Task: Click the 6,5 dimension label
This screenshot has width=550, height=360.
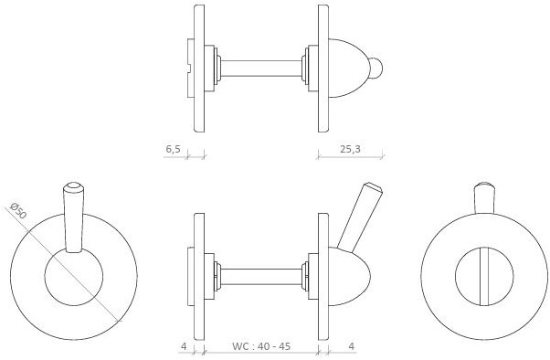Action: point(173,149)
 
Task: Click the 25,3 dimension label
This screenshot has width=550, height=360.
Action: point(350,149)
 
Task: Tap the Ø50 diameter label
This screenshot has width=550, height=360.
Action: point(18,210)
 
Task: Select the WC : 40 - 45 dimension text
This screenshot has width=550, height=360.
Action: point(261,346)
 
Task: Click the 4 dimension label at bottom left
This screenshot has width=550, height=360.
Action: point(184,346)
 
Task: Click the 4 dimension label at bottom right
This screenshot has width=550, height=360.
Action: point(352,346)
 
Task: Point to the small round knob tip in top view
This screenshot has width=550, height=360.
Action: point(376,68)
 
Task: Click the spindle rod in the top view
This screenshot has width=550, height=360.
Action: point(261,69)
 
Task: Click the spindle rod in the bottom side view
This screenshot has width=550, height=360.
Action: point(261,277)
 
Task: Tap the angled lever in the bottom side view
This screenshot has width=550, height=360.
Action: point(359,217)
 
